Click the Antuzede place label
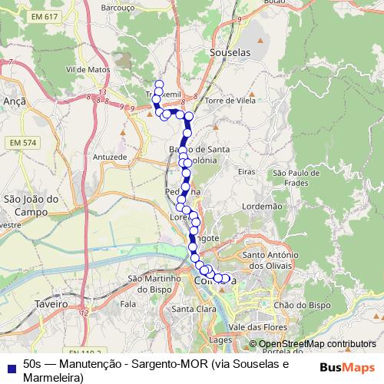pos(108,157)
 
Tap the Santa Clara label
pos(193,310)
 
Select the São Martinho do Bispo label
pos(153,282)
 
